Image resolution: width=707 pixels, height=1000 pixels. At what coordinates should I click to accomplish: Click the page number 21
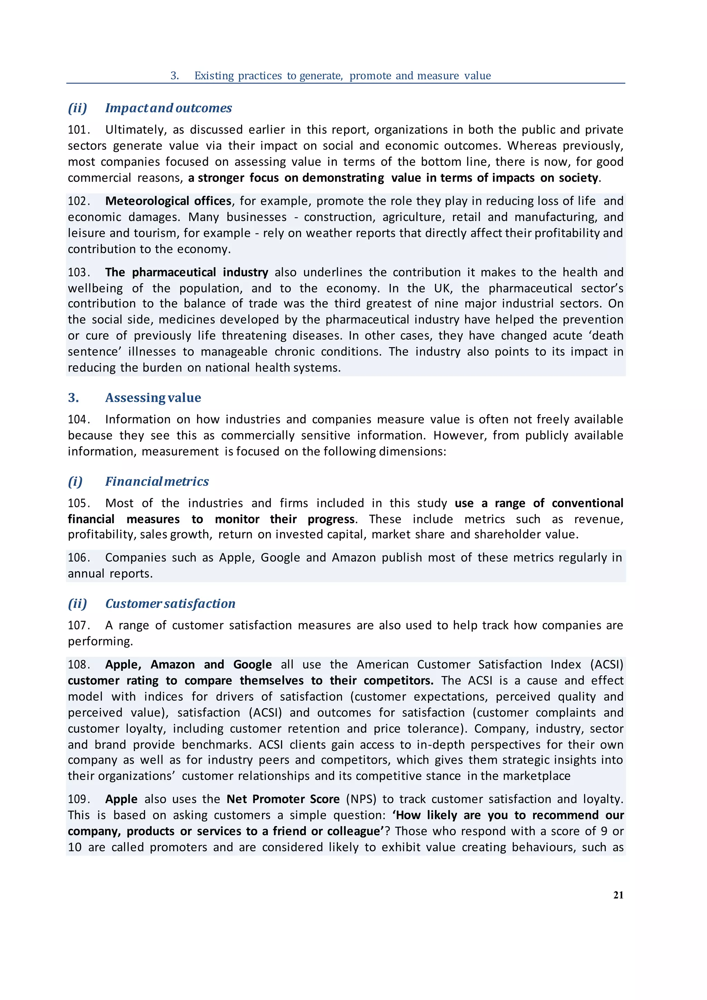tap(618, 895)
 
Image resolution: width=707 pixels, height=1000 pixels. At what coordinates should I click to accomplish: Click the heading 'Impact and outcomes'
tap(168, 108)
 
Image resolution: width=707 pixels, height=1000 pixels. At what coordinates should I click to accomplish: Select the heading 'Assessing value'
tap(153, 398)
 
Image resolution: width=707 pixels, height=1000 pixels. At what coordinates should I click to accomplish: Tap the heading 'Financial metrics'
tap(157, 481)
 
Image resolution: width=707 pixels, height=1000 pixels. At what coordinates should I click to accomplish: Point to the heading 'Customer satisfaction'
tap(170, 604)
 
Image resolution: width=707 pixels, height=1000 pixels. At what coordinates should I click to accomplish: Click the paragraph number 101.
tap(78, 130)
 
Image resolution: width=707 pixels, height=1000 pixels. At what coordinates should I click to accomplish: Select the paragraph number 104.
tap(78, 420)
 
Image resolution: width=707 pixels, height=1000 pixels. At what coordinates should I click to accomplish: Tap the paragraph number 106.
tap(78, 558)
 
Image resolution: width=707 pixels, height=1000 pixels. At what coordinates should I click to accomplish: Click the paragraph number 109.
tap(78, 799)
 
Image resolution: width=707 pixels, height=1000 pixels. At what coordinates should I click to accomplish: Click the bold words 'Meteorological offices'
tap(168, 201)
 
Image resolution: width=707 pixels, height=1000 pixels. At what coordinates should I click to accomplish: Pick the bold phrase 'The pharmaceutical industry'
tap(186, 273)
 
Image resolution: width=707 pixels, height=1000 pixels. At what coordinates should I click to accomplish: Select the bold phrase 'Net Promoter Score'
tap(283, 799)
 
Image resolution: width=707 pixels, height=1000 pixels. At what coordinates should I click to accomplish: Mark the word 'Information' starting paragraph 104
tap(138, 420)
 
